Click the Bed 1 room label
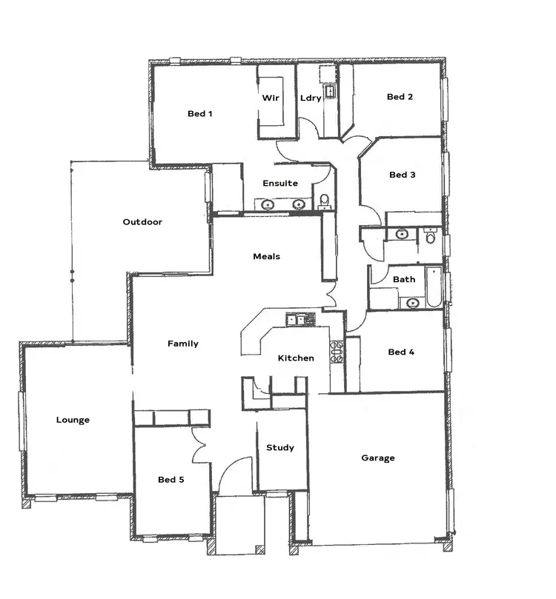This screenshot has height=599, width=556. tap(199, 113)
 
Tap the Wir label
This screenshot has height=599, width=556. tap(270, 98)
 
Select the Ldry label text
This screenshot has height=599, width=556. tap(311, 98)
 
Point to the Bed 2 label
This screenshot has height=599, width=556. tap(400, 97)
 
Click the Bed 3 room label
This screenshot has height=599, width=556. tap(402, 175)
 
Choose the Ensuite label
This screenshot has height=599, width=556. tap(280, 183)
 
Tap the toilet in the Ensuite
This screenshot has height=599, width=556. tap(324, 201)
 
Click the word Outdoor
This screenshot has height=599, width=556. tap(142, 221)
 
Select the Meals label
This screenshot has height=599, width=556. tap(266, 256)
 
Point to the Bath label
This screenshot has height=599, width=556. tap(404, 279)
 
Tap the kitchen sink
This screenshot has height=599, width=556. tap(300, 319)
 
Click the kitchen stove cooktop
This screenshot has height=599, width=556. tap(337, 351)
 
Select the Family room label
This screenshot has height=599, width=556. tap(182, 344)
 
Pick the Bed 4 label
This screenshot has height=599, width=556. tap(401, 352)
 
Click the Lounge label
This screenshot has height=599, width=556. tap(73, 420)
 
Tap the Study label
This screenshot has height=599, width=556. tap(280, 447)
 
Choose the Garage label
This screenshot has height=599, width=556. tap(378, 458)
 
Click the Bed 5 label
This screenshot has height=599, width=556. tap(171, 480)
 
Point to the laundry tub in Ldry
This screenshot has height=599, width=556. tap(328, 91)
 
